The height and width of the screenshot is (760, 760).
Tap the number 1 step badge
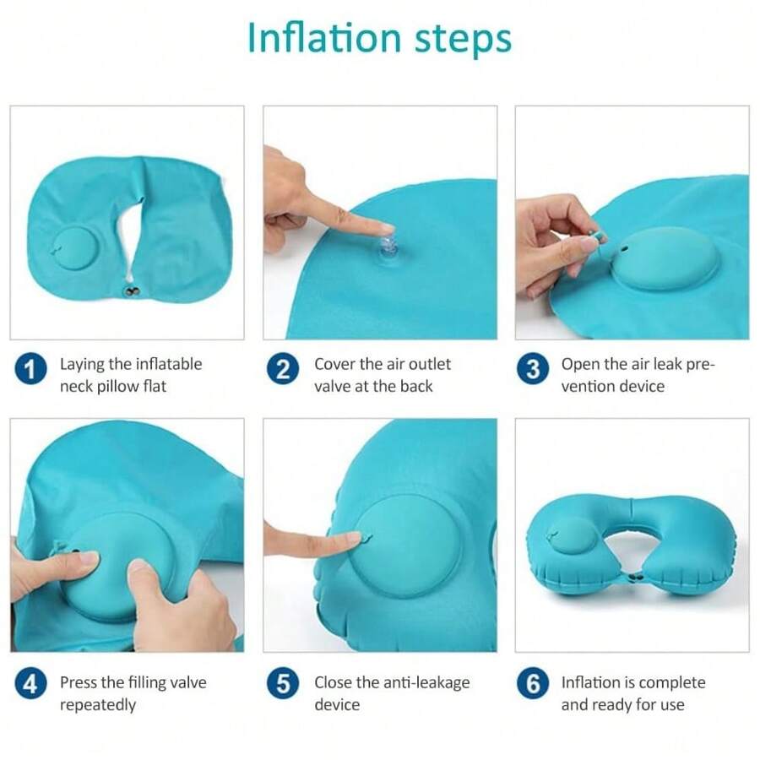coord(30,369)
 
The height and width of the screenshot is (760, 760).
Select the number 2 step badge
coord(283,369)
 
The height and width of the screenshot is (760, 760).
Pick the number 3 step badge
coord(533,369)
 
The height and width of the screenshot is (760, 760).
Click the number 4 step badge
coord(30,683)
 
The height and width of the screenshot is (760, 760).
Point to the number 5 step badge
coord(283,683)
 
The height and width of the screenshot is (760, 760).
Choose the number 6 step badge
coord(533,683)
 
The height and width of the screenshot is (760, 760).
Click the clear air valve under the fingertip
coord(385,247)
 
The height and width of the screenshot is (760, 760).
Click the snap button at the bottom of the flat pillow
coord(131,291)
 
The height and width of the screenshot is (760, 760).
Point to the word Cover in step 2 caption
coord(336,364)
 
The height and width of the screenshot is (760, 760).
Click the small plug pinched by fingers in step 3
coord(600,237)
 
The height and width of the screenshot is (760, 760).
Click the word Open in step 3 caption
coord(580,364)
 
